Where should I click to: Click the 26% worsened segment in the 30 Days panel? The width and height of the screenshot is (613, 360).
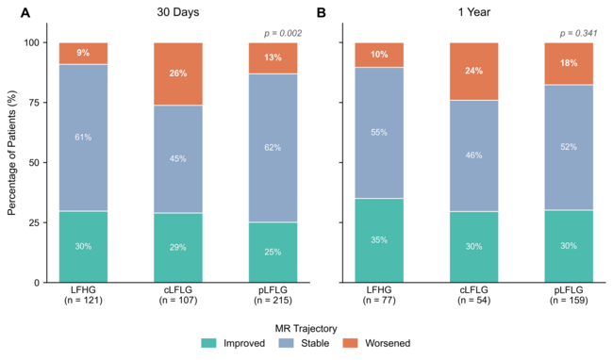click(178, 74)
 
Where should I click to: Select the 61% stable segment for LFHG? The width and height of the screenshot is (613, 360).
click(83, 138)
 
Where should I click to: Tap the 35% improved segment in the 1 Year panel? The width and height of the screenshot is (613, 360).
click(379, 240)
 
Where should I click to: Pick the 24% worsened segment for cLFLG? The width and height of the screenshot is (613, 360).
click(473, 72)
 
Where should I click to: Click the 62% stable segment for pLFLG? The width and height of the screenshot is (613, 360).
click(273, 148)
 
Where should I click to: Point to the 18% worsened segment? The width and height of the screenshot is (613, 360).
click(569, 64)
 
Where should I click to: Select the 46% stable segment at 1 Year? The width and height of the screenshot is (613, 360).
click(473, 155)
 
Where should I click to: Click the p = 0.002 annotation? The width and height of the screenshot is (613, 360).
click(283, 34)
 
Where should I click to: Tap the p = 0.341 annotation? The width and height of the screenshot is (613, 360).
click(579, 34)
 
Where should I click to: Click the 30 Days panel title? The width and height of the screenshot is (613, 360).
click(178, 12)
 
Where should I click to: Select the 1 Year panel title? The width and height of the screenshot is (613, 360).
click(474, 12)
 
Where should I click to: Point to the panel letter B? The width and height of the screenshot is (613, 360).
click(321, 13)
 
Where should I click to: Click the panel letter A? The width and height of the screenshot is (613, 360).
click(25, 13)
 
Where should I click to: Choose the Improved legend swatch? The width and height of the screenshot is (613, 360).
click(208, 343)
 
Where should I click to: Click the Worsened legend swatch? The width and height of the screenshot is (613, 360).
click(350, 343)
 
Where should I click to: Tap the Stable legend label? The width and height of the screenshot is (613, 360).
click(315, 343)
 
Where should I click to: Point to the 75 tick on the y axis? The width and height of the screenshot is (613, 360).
click(34, 103)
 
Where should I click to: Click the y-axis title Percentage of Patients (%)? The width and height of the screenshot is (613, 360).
click(12, 153)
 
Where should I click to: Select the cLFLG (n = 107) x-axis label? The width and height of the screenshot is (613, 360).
click(178, 295)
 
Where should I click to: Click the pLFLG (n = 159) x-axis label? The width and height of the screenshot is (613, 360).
click(569, 295)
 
